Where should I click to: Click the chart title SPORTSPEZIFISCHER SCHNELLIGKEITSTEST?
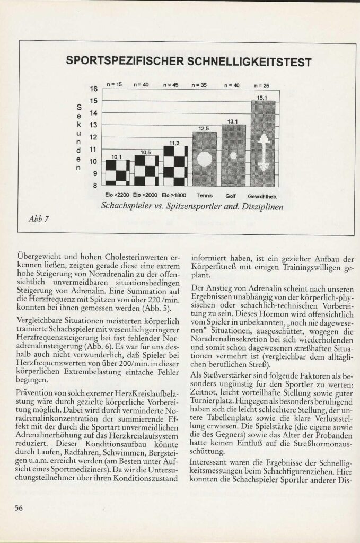click(x=188, y=62)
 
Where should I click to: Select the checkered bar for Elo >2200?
click(x=118, y=172)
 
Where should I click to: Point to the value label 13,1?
click(x=233, y=121)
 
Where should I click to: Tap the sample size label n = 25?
click(x=262, y=85)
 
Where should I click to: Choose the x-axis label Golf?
click(x=233, y=195)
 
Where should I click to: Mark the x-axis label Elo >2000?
click(x=146, y=195)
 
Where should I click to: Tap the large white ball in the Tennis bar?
click(x=204, y=159)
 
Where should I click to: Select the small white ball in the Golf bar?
click(x=233, y=156)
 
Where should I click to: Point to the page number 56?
click(x=19, y=507)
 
